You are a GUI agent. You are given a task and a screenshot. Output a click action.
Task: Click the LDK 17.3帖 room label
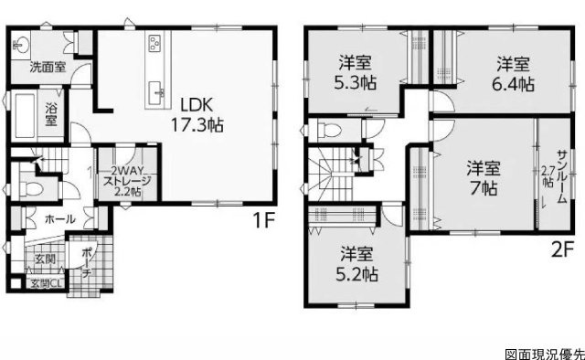coord(197,115)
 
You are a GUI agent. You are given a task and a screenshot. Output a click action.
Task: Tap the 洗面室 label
coord(48,68)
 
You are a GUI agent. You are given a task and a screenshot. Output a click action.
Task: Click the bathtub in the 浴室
coord(25,115)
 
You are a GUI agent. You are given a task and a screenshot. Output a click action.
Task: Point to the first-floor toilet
coord(31,188)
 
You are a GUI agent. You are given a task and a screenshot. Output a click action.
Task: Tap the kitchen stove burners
coord(154,43)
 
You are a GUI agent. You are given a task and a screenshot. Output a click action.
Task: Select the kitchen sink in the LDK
coord(155,92)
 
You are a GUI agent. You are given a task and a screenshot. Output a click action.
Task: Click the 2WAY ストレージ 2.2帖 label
coord(127,181)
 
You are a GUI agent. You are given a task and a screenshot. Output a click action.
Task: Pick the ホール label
coord(60,219)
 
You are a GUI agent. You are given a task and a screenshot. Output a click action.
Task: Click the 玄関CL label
coord(45,283)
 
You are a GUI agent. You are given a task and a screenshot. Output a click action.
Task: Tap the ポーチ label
coord(88,262)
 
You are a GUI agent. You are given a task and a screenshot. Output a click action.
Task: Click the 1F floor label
coord(264,220)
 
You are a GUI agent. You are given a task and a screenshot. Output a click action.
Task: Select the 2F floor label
coord(561,250)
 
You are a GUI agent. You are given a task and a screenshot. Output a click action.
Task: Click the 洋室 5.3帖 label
coord(356,73)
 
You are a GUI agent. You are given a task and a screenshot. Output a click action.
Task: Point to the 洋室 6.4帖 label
coord(513,74)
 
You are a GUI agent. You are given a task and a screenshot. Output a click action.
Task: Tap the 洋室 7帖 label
coord(484,178)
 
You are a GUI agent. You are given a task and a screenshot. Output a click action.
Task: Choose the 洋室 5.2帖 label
coord(356,264)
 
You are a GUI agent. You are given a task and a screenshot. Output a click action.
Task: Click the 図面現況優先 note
coord(545,355)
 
